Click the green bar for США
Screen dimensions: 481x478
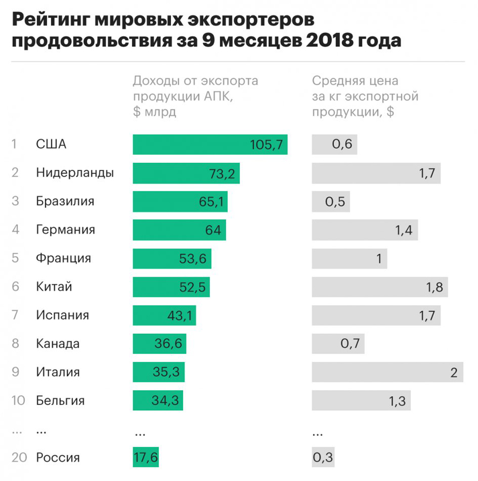coord(210,145)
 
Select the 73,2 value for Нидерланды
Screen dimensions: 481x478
coord(222,173)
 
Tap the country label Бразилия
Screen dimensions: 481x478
coord(65,202)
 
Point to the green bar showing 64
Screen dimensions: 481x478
coord(179,230)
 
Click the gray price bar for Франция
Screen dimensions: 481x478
coord(350,258)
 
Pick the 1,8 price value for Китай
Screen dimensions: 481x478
coord(434,287)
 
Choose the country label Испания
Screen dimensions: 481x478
coord(62,315)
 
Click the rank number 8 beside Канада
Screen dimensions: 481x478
coord(15,343)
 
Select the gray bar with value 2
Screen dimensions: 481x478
coord(387,372)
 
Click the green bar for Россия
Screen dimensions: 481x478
coord(146,457)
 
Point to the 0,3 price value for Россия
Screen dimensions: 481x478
coord(323,457)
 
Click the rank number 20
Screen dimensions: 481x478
coord(19,457)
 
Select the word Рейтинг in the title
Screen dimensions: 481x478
coord(49,20)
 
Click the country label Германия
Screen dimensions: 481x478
coord(65,230)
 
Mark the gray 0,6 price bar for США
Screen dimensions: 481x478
coord(334,145)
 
